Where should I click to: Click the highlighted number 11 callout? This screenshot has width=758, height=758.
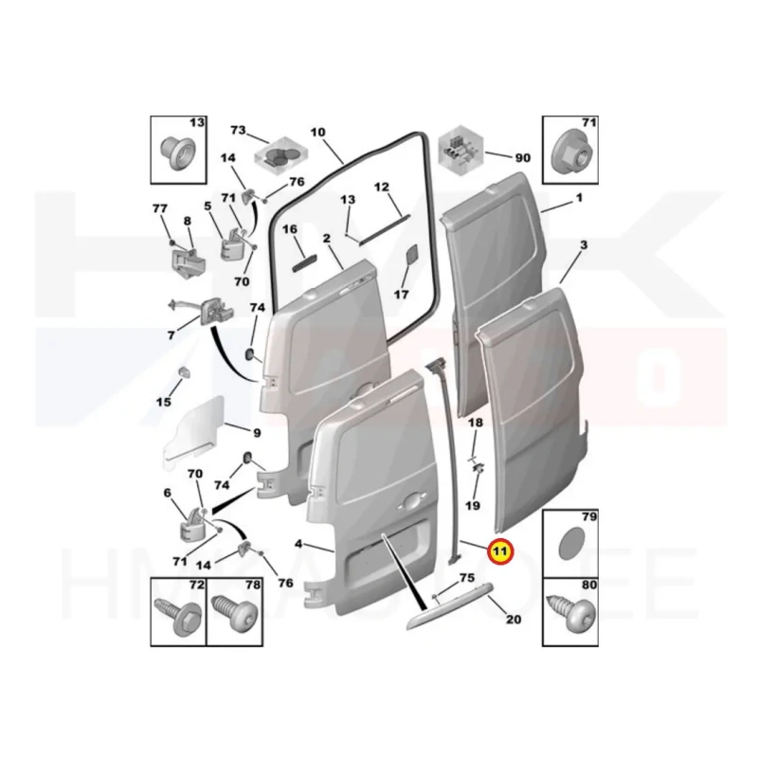pyautogui.click(x=498, y=550)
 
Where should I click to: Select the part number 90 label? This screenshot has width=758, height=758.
pyautogui.click(x=523, y=157)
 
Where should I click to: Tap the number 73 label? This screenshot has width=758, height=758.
pyautogui.click(x=238, y=130)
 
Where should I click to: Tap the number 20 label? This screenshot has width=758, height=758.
pyautogui.click(x=514, y=621)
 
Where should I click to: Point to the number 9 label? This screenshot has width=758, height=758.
pyautogui.click(x=256, y=433)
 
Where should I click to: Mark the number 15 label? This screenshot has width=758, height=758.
pyautogui.click(x=163, y=402)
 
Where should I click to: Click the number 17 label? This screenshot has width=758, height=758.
pyautogui.click(x=402, y=294)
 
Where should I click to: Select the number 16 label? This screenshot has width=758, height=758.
pyautogui.click(x=290, y=229)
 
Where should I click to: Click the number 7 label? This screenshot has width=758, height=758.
pyautogui.click(x=171, y=335)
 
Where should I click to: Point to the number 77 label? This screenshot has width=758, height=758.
pyautogui.click(x=160, y=208)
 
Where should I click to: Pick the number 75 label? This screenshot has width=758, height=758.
pyautogui.click(x=466, y=577)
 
